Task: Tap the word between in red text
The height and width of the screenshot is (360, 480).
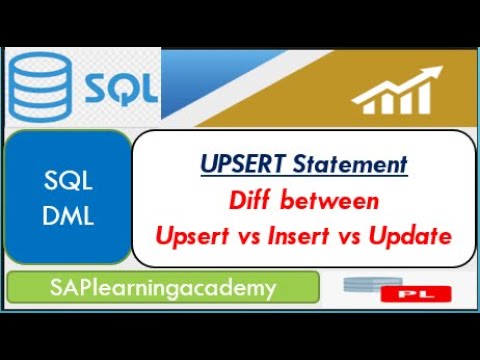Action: pos(336,201)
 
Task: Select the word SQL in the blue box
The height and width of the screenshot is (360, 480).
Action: pos(69,181)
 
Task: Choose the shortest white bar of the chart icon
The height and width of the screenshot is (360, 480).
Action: pos(359,104)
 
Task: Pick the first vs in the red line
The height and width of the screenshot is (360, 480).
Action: pos(245,237)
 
